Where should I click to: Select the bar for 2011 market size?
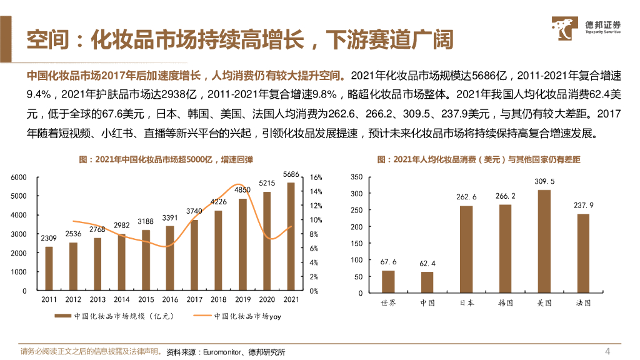[49, 269]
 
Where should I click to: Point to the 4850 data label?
[242, 189]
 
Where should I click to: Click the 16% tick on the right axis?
[316, 177]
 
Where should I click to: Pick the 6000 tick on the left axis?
[19, 177]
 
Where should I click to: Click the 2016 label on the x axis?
[170, 299]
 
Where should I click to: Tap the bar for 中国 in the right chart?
[427, 282]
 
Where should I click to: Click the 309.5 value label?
[544, 181]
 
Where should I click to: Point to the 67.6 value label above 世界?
[388, 262]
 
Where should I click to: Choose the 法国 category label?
[583, 303]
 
